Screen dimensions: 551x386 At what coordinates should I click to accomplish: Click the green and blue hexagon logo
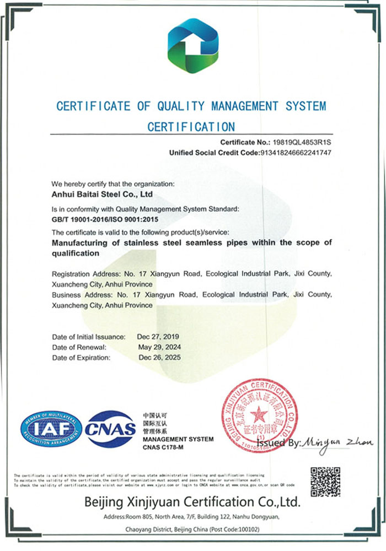(x=192, y=50)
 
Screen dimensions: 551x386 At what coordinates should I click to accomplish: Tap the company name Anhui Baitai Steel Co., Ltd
(x=102, y=194)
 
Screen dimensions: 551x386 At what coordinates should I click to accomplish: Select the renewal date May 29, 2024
(x=159, y=347)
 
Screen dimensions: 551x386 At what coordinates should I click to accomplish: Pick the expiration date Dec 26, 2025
(x=159, y=358)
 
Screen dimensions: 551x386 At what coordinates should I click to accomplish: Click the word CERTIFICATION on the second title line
(x=191, y=126)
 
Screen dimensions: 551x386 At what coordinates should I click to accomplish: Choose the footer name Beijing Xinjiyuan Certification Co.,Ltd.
(x=192, y=502)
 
